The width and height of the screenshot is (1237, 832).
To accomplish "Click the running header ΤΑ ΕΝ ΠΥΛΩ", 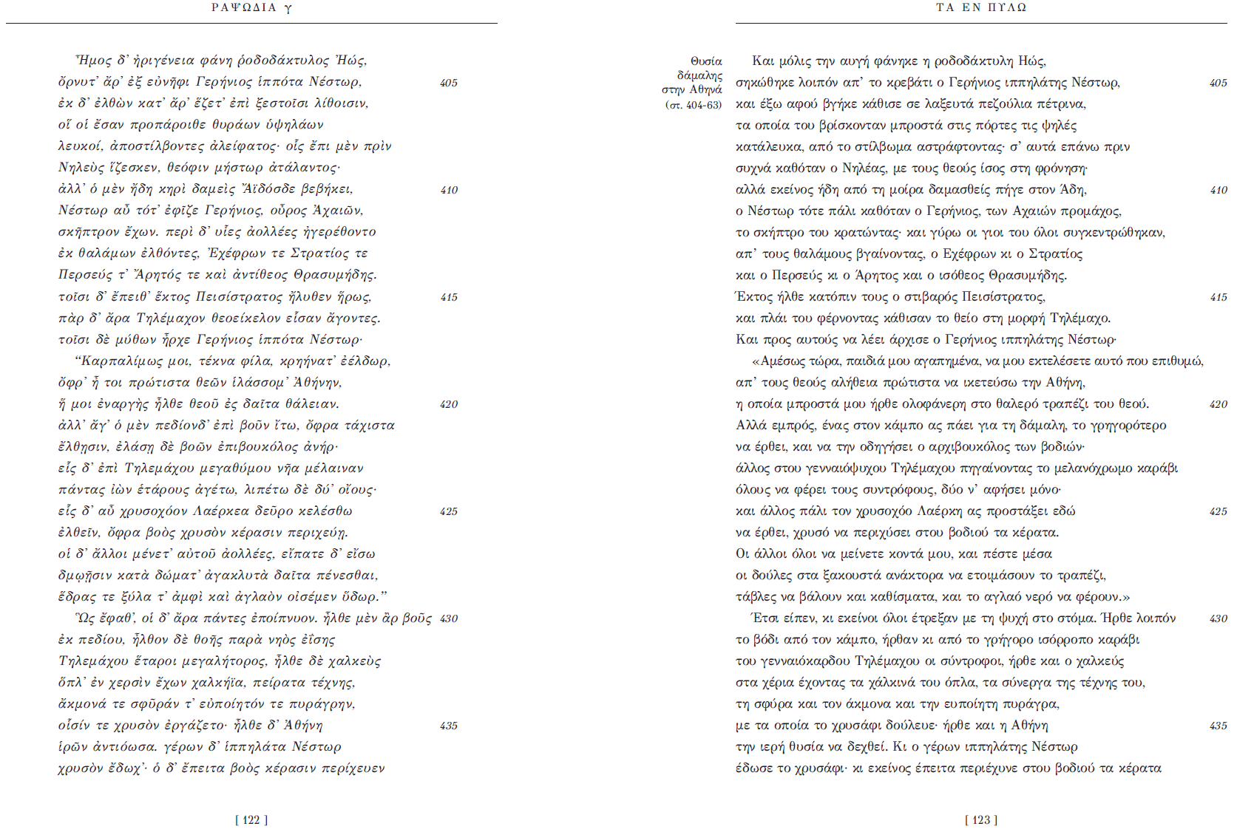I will tap(980, 8).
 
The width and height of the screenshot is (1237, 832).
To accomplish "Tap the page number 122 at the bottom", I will tap(251, 820).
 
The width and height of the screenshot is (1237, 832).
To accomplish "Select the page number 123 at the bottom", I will tap(980, 820).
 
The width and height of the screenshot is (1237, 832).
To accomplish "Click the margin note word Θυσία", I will tap(706, 61).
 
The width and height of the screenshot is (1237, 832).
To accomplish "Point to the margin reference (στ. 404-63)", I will tap(693, 105).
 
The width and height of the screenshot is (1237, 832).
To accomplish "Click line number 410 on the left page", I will tap(449, 190).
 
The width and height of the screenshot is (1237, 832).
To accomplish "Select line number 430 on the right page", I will tap(1218, 618).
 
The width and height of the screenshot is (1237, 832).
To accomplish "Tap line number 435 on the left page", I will tap(449, 726).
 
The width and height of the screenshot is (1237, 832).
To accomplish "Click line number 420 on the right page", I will tap(1218, 404).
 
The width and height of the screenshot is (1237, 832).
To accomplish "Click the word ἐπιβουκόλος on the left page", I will tap(251, 447).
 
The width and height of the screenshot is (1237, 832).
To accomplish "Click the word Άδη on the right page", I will tap(1076, 190).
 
